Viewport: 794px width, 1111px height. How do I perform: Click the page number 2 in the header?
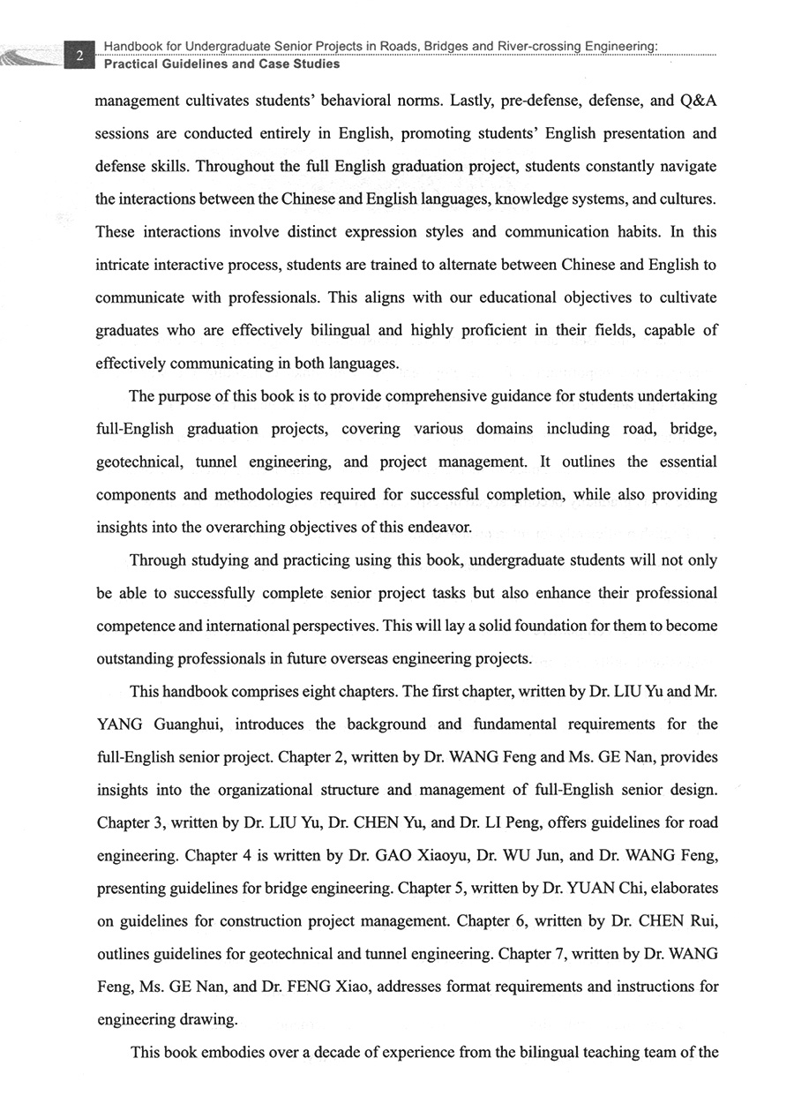pos(79,56)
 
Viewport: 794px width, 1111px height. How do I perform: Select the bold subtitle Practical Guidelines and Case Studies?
pos(221,64)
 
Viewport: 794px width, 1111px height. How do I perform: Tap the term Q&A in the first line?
pos(693,101)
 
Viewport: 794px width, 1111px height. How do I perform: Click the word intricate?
pos(124,265)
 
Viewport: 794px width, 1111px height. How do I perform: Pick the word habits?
pos(637,232)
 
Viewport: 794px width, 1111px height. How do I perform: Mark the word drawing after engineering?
pos(207,1020)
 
